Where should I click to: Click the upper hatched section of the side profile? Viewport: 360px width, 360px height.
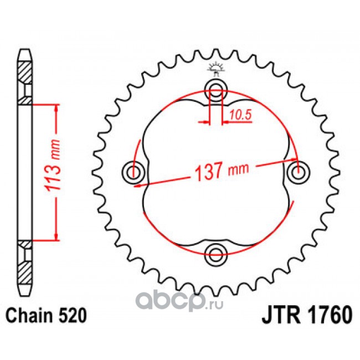(25, 72)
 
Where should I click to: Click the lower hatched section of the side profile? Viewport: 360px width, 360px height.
(25, 272)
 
